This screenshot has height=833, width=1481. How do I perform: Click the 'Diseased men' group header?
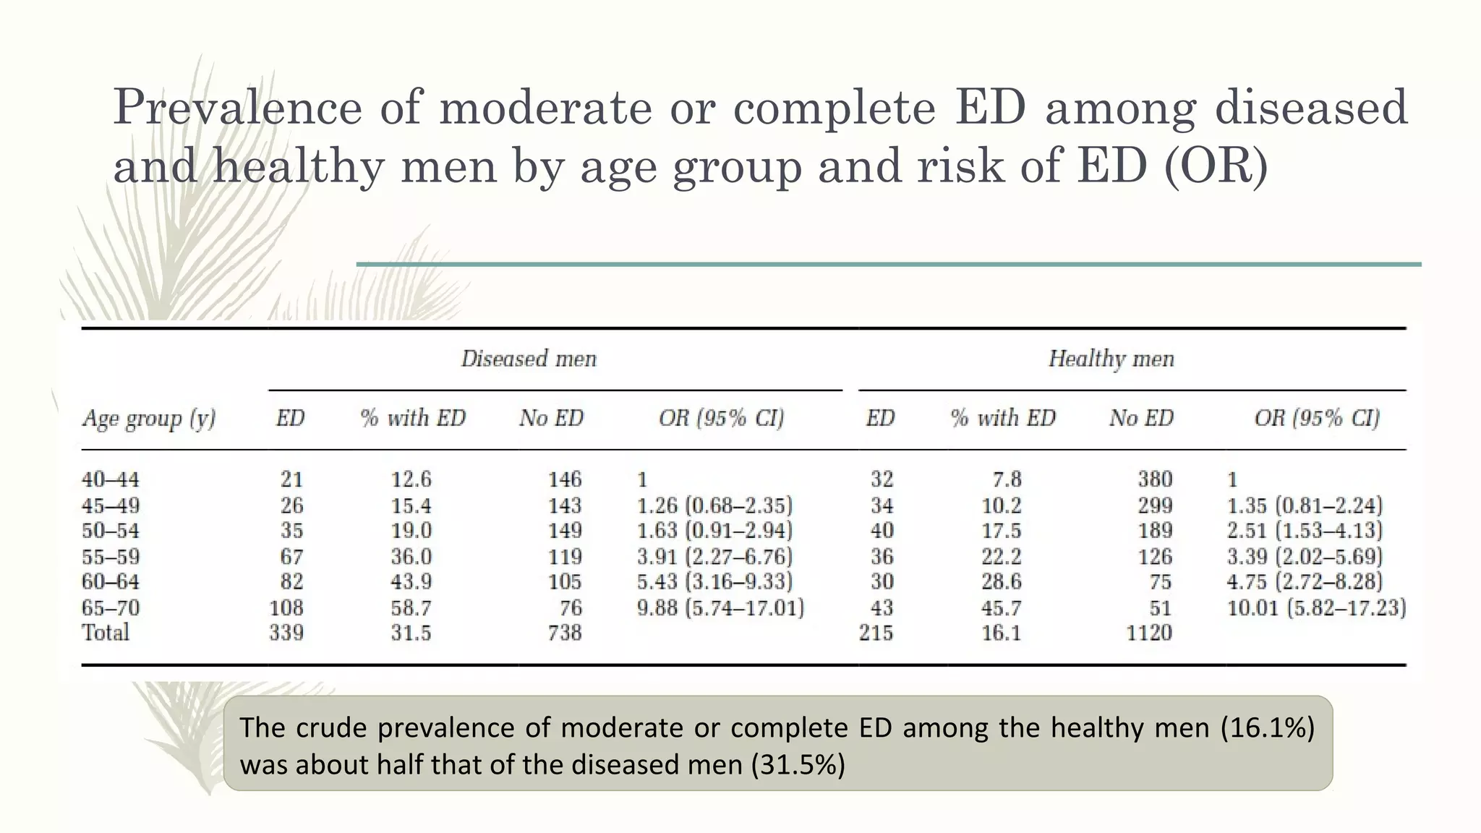pos(529,359)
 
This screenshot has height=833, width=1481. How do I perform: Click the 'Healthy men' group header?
pos(1111,359)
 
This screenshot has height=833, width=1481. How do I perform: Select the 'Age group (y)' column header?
pos(149,419)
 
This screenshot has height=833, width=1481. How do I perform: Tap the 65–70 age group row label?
pos(111,607)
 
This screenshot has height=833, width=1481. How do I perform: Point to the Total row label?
pos(106,633)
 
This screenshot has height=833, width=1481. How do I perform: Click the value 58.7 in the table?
pos(411,607)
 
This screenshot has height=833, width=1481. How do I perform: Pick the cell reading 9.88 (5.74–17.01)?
pos(720,607)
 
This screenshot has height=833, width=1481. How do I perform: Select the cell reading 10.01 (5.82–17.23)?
pos(1316,607)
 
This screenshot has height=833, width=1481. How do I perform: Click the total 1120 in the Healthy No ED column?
pos(1149,633)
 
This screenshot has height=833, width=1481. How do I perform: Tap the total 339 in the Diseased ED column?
pos(286,633)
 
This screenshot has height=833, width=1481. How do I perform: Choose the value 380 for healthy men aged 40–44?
pos(1155,479)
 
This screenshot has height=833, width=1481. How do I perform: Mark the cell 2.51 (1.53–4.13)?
pos(1305,531)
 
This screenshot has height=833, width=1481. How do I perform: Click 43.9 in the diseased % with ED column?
pos(411,582)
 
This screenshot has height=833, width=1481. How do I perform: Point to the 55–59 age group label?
pos(111,557)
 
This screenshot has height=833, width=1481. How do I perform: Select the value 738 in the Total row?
pos(565,633)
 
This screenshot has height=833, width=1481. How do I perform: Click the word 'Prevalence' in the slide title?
pos(238,107)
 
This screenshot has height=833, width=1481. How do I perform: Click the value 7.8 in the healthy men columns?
pos(1007,479)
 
